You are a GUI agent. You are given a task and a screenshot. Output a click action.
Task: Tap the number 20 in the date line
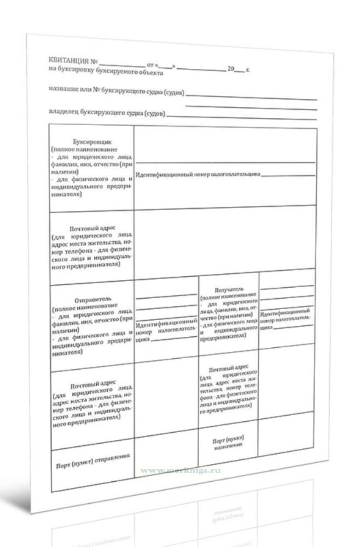[231, 69]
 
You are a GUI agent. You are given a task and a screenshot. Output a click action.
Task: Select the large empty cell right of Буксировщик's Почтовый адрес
[224, 239]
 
